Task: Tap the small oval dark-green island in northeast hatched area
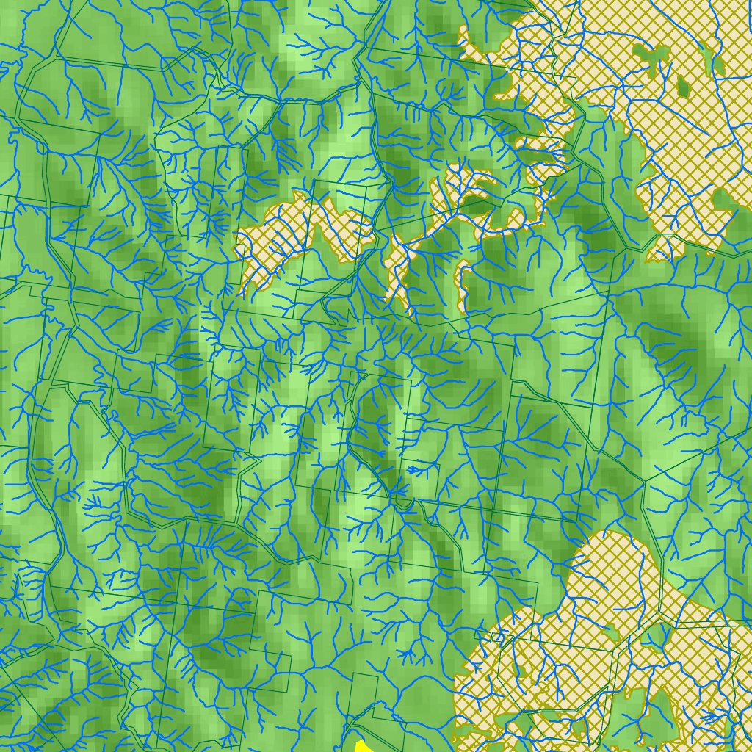point(683,87)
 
